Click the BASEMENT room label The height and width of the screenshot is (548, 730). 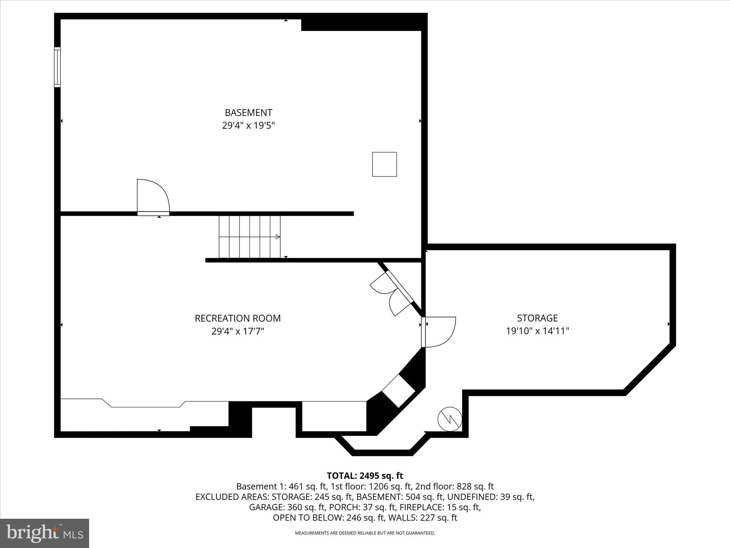[x=248, y=113]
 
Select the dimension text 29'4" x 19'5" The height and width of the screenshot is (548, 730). [x=248, y=126]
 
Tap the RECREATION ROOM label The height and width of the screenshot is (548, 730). [x=238, y=318]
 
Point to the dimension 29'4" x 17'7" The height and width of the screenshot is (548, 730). [x=238, y=331]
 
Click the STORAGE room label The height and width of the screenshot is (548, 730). [x=537, y=318]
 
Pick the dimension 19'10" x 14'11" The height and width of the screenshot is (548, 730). [x=537, y=331]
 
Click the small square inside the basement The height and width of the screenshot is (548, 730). [x=384, y=164]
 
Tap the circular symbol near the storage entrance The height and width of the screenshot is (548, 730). [x=450, y=419]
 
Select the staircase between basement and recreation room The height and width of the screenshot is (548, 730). [x=250, y=237]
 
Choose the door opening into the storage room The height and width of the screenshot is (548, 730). [x=439, y=332]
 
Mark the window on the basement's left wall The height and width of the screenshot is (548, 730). [x=57, y=67]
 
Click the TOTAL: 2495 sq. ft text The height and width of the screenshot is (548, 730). [x=365, y=476]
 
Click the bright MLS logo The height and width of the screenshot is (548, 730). [x=45, y=533]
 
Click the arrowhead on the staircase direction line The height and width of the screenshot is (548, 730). [x=278, y=237]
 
